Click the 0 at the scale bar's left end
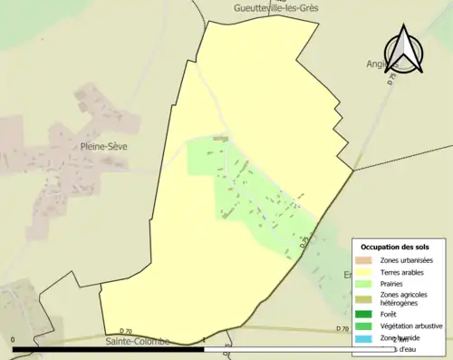tap(14, 338)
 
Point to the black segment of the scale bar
tap(109, 348)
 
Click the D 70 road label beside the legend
tap(342, 327)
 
